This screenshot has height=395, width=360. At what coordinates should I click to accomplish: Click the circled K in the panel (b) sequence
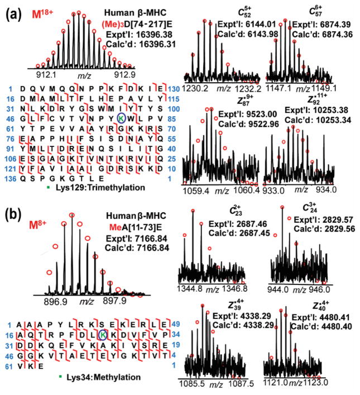[103, 334]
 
